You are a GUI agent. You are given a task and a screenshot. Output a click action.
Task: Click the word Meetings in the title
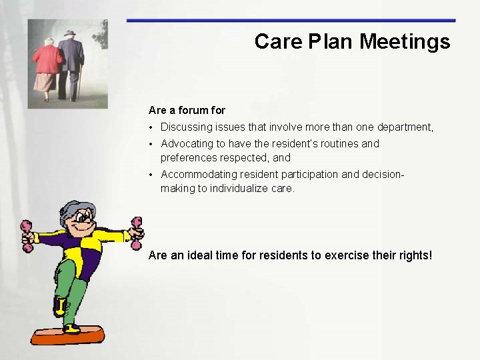click(x=405, y=42)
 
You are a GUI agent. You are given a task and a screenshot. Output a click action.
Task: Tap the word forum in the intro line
click(x=194, y=110)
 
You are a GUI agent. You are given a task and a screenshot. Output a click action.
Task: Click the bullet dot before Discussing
click(x=152, y=127)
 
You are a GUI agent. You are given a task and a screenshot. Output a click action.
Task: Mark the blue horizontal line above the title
click(x=291, y=21)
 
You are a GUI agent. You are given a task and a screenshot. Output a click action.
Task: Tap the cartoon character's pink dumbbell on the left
click(x=27, y=236)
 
